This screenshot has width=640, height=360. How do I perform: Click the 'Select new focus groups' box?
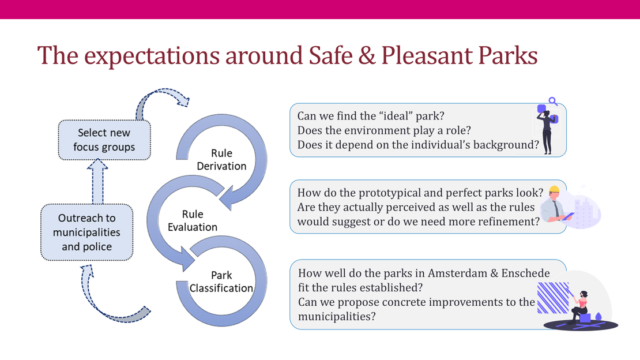point(104,140)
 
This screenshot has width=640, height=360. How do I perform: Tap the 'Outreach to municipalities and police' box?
point(86,232)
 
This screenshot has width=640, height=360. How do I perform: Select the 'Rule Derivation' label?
point(221,159)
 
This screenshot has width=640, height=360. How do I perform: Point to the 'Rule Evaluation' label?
point(193,220)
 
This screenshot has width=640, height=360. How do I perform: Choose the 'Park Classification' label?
point(221,282)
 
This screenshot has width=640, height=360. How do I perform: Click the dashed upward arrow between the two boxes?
point(97,181)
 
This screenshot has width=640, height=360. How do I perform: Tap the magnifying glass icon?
point(553,102)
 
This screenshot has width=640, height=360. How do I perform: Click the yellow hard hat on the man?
point(554,190)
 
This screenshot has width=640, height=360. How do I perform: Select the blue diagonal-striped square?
point(553,298)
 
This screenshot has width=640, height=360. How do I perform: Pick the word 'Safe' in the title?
point(330,55)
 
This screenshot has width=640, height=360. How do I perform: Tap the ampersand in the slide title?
point(367,55)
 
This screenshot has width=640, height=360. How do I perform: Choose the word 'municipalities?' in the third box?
point(337,317)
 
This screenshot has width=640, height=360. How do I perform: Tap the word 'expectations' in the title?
point(152,57)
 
